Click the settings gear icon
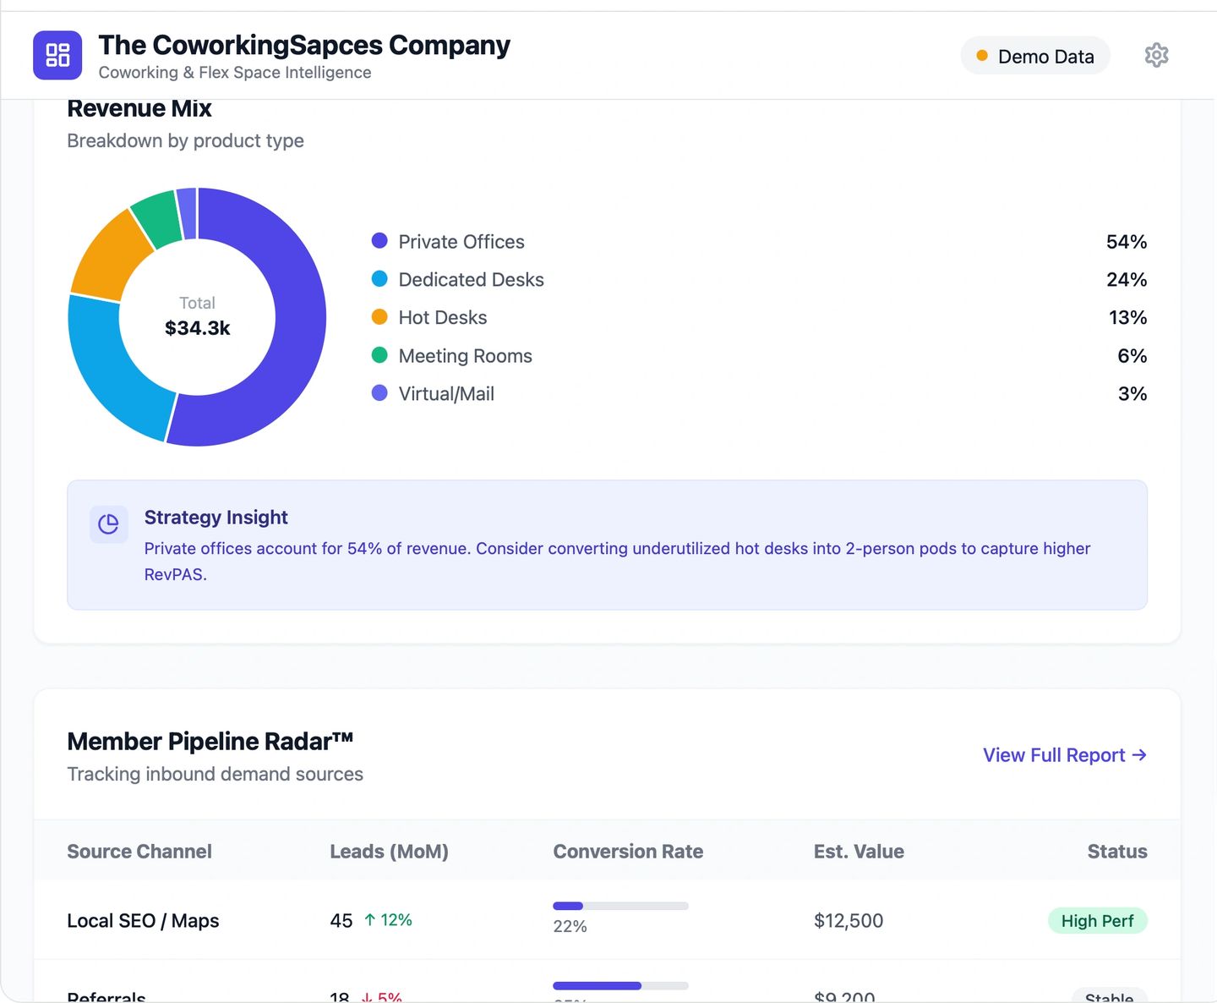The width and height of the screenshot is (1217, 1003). (x=1156, y=55)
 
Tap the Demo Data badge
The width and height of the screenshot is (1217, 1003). (x=1034, y=56)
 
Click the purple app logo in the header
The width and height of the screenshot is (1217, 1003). (x=57, y=55)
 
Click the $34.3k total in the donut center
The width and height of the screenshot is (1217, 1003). (x=197, y=328)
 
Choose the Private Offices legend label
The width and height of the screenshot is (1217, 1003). (x=461, y=242)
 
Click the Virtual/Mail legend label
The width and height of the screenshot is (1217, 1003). (x=445, y=394)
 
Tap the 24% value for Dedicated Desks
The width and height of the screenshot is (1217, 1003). (x=1126, y=280)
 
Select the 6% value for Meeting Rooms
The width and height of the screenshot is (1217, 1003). (x=1132, y=356)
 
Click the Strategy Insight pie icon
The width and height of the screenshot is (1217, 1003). (x=108, y=524)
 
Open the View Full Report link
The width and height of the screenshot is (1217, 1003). (x=1064, y=755)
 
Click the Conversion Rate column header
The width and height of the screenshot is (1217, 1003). (x=628, y=852)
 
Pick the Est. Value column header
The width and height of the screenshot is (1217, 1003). (x=859, y=852)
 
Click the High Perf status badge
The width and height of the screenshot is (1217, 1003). (x=1097, y=921)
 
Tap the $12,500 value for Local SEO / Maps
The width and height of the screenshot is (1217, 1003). (x=848, y=921)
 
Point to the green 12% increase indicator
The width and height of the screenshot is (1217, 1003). (x=388, y=920)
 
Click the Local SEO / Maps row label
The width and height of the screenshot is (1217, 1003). (x=143, y=921)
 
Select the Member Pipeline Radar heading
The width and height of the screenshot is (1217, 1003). (x=210, y=742)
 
